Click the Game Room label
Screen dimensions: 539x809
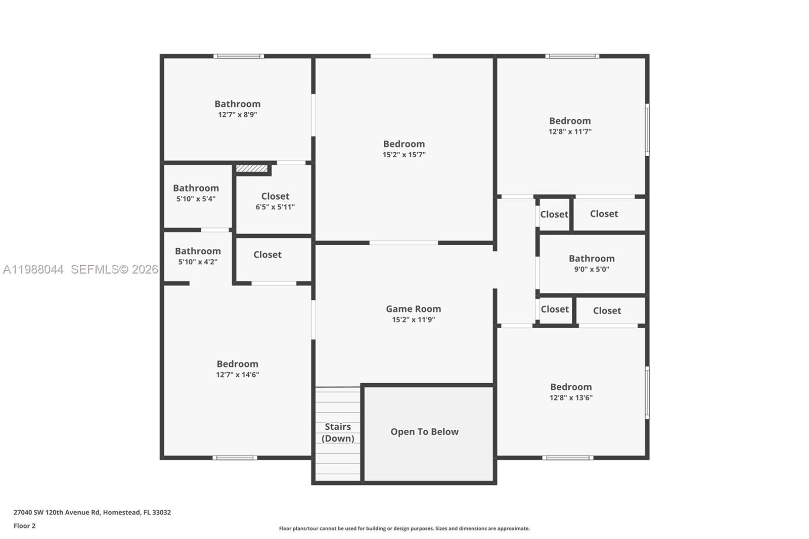coord(413,308)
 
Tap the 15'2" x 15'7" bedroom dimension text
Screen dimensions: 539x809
coord(403,155)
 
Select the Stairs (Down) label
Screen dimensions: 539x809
coord(338,432)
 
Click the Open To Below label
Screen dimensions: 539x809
coord(424,432)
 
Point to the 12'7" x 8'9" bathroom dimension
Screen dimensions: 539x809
coord(237,115)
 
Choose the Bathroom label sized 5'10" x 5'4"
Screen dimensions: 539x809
coord(196,188)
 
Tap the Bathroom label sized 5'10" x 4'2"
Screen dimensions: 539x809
coord(198,251)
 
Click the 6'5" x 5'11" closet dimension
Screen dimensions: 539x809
coord(275,207)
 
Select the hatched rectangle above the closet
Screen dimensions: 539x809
coord(251,168)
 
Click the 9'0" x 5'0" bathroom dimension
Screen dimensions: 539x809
coord(591,269)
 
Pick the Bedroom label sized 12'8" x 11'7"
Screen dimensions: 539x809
coord(570,121)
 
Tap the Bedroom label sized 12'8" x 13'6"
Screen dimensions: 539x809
coord(571,387)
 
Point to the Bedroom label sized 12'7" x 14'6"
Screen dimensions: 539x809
coord(237,364)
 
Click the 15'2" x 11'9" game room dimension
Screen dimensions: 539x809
coord(413,320)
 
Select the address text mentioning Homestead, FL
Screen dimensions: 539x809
coord(92,512)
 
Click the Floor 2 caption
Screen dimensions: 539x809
coord(24,526)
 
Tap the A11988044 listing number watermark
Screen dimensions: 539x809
coord(33,269)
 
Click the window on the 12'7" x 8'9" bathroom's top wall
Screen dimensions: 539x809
coord(238,56)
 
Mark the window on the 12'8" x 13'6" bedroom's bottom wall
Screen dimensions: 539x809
coord(567,458)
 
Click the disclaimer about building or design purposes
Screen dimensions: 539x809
coord(404,528)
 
